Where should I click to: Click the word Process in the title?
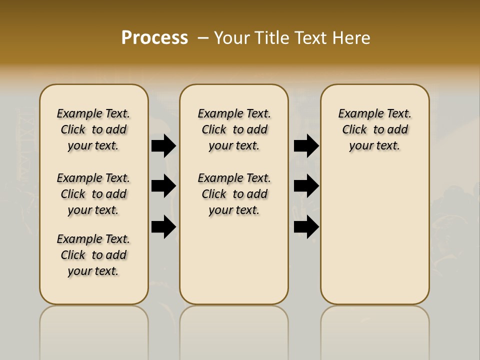pyautogui.click(x=154, y=38)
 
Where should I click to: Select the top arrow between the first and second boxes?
pyautogui.click(x=163, y=146)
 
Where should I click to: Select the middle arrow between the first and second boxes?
pyautogui.click(x=163, y=186)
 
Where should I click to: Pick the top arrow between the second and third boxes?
pyautogui.click(x=306, y=146)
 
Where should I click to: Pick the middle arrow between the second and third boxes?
pyautogui.click(x=306, y=186)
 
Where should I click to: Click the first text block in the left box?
pyautogui.click(x=93, y=129)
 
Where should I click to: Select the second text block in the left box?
pyautogui.click(x=93, y=194)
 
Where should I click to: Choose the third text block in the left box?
pyautogui.click(x=93, y=255)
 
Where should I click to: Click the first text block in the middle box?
pyautogui.click(x=234, y=129)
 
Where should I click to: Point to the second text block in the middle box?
pyautogui.click(x=234, y=194)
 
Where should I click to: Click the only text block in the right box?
pyautogui.click(x=375, y=129)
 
